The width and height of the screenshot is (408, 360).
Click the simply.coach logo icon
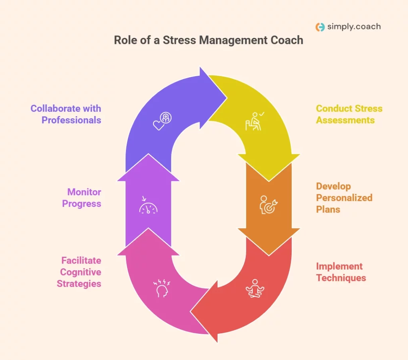point(320,27)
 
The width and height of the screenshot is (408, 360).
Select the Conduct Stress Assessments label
point(349,114)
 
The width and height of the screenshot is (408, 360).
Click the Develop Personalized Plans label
point(344,197)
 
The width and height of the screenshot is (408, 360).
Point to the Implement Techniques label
point(341,272)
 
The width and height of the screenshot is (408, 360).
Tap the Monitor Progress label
point(84,198)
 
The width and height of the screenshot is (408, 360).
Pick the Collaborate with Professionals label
point(66,114)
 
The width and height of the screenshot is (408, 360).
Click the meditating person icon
point(255,288)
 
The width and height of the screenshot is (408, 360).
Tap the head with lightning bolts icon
point(162,288)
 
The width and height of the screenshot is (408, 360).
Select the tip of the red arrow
point(192,311)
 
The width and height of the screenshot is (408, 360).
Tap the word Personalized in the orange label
point(344,198)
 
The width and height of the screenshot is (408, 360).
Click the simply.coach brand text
point(354,27)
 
